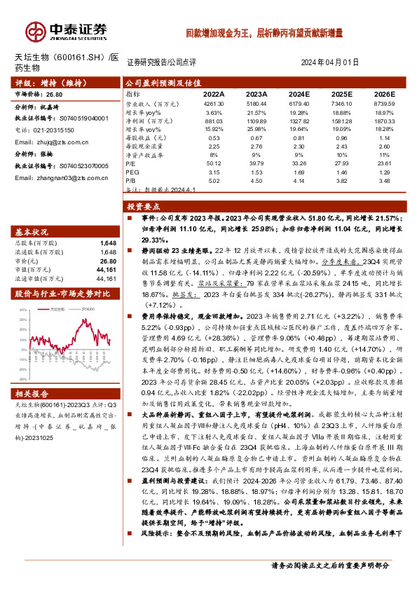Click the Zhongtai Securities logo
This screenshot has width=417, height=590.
point(67,30)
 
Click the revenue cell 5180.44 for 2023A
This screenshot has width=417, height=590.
point(257,103)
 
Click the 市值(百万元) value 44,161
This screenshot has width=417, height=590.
point(106,269)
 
